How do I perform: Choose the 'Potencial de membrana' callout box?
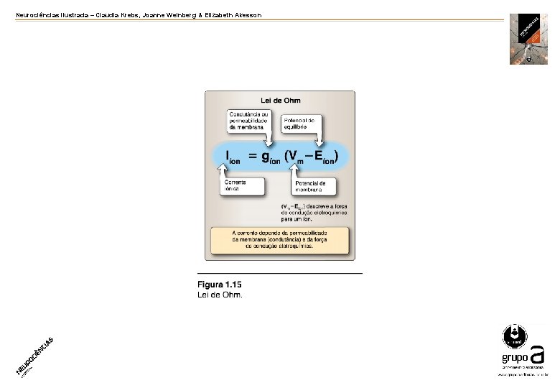click(x=313, y=187)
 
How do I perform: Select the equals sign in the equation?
click(x=252, y=155)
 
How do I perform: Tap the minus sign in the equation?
click(x=309, y=155)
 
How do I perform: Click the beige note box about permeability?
click(x=280, y=241)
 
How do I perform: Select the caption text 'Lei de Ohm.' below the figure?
click(x=220, y=295)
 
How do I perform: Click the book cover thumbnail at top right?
click(x=528, y=39)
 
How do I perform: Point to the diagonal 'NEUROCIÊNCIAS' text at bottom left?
click(x=34, y=354)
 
